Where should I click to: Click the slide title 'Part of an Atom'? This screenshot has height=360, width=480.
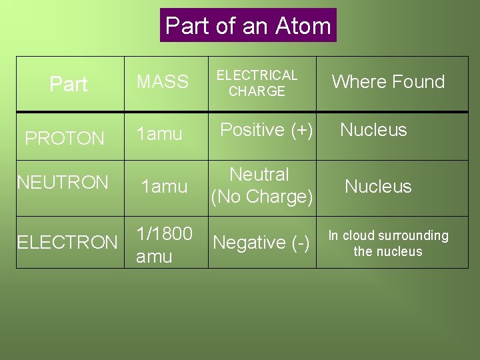(248, 26)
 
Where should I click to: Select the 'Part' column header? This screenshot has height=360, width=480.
(69, 85)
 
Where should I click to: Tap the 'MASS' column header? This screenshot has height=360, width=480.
(163, 82)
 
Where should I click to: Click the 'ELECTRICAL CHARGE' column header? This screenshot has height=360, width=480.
(257, 83)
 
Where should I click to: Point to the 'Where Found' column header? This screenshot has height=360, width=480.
(388, 82)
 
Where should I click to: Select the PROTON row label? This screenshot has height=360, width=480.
(65, 139)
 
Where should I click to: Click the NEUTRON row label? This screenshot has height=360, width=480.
(63, 182)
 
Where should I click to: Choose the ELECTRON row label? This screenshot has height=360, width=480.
(67, 242)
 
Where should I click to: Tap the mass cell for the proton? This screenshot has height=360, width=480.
(159, 134)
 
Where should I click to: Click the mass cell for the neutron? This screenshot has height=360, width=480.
(163, 187)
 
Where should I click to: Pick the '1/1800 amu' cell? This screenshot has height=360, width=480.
(164, 245)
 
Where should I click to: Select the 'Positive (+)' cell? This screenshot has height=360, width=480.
(267, 130)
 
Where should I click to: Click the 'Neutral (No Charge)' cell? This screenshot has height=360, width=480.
(261, 186)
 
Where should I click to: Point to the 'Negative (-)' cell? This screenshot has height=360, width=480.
(261, 243)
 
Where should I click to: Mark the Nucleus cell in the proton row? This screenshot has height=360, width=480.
(373, 130)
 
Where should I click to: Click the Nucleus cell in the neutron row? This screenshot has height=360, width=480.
(378, 187)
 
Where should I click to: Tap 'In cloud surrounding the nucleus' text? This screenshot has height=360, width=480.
(388, 243)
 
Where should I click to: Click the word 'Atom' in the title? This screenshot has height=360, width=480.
(303, 26)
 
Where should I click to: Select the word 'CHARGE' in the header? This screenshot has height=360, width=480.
(257, 91)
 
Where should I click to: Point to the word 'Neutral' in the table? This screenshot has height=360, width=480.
(259, 175)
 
